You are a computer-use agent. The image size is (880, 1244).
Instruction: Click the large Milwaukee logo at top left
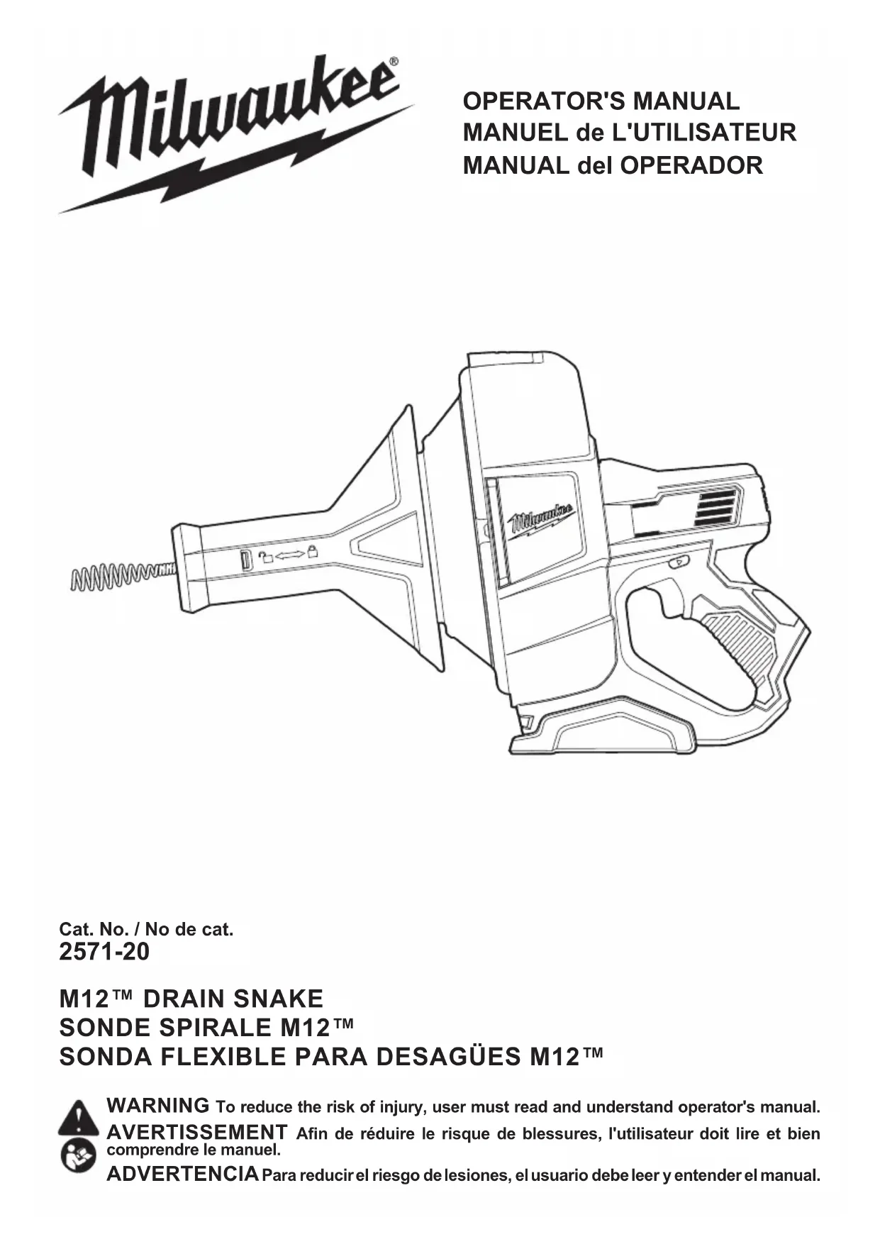point(234,131)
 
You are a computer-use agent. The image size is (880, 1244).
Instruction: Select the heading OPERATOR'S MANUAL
point(601,101)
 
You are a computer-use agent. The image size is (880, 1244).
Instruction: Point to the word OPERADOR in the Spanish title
point(691,165)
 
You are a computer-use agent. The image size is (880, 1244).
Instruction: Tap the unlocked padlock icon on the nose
point(267,557)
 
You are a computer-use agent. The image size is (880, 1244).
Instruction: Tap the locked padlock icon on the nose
point(312,552)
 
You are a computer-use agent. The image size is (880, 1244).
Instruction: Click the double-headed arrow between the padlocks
point(289,555)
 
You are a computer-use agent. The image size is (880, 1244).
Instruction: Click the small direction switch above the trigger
point(678,564)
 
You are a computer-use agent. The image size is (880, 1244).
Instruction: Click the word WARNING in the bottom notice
point(157,1106)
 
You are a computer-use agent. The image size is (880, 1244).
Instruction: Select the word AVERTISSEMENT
point(196,1132)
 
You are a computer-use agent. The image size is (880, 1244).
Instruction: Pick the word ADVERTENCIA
point(182,1174)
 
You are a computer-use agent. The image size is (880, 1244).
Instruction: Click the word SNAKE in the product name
point(278,999)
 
